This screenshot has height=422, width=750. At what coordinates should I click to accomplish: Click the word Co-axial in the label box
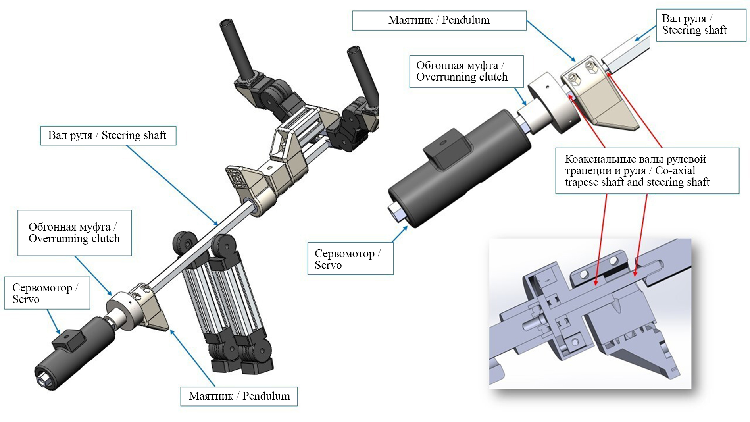pos(675,171)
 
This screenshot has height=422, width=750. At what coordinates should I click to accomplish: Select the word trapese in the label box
pos(581,182)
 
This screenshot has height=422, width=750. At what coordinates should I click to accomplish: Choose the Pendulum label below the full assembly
pos(239,396)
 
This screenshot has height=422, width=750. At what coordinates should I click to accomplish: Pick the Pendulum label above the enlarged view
pos(439,20)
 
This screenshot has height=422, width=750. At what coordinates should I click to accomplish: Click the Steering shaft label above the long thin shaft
pos(108,135)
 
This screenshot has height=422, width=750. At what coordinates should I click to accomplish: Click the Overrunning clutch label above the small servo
pos(74,233)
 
